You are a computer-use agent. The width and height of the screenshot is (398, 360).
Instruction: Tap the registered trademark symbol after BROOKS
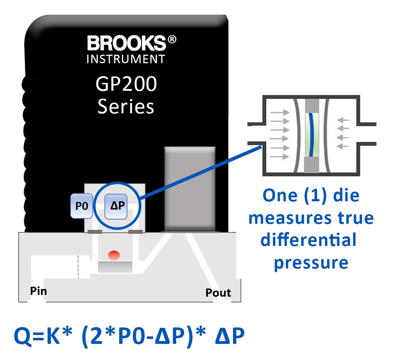172,40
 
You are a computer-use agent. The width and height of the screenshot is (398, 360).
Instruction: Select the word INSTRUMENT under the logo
126,59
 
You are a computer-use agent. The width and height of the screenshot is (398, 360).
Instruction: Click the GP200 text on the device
126,85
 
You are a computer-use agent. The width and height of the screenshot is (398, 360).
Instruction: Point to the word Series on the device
126,107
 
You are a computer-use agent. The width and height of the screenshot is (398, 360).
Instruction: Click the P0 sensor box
82,206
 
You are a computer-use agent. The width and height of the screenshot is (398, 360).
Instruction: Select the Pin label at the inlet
38,291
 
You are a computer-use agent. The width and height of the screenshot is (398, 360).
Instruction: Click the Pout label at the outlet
218,293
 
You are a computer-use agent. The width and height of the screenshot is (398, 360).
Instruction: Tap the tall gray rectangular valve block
189,188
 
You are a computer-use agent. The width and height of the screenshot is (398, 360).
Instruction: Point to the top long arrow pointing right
280,112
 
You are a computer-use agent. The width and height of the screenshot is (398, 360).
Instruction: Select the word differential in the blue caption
308,240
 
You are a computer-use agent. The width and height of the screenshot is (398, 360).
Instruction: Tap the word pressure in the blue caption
311,263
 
